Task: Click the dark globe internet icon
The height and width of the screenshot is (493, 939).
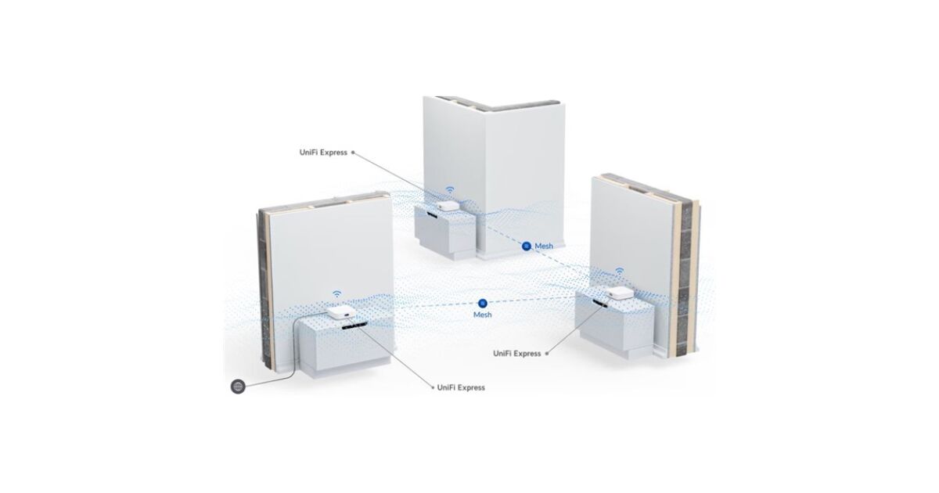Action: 238,386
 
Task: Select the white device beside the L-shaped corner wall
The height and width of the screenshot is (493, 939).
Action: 445,206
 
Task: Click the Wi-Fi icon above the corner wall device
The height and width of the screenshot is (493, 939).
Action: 450,189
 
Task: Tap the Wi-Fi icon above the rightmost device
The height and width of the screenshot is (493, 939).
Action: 619,272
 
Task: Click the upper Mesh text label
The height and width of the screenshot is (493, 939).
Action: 543,246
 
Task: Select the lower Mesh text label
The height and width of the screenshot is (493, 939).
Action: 482,315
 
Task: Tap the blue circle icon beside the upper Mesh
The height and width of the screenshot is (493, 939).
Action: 527,246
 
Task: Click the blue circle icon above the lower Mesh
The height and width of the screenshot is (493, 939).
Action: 482,302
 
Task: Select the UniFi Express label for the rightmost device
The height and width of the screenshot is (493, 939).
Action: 516,354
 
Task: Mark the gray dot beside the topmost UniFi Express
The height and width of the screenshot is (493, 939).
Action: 354,153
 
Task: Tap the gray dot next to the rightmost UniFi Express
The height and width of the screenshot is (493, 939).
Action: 549,354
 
